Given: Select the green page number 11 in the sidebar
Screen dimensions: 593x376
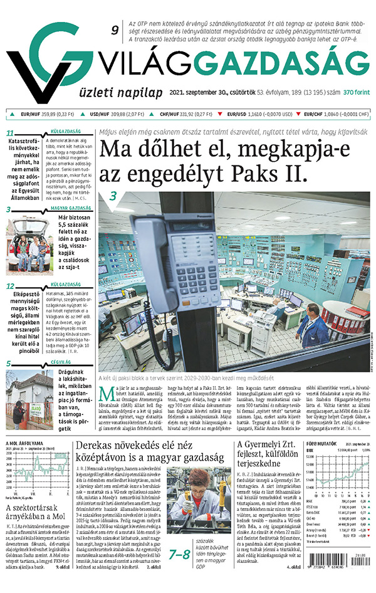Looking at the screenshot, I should click(10, 133).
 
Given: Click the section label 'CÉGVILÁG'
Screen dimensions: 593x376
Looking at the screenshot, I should click(60, 362).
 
